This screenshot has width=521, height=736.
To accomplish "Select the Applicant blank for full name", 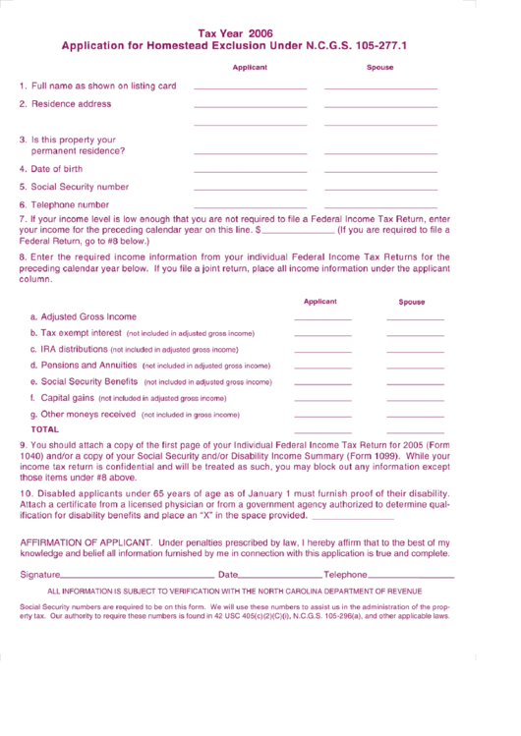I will pyautogui.click(x=251, y=88).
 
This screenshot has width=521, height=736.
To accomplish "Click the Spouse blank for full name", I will pyautogui.click(x=380, y=88).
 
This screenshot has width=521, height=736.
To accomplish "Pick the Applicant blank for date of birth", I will pyautogui.click(x=251, y=171).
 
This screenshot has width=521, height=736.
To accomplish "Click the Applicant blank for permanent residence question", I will pyautogui.click(x=251, y=153).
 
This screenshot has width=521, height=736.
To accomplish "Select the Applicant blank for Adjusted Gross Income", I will pyautogui.click(x=322, y=320).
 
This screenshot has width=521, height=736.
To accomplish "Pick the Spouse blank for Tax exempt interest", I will pyautogui.click(x=415, y=336).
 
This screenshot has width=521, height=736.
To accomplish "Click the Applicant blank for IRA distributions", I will pyautogui.click(x=322, y=352).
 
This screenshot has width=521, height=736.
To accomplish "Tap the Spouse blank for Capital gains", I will pyautogui.click(x=415, y=400).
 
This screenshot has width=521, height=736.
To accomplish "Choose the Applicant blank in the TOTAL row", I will pyautogui.click(x=322, y=432).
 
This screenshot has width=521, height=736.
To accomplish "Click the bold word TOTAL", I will pyautogui.click(x=44, y=429).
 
